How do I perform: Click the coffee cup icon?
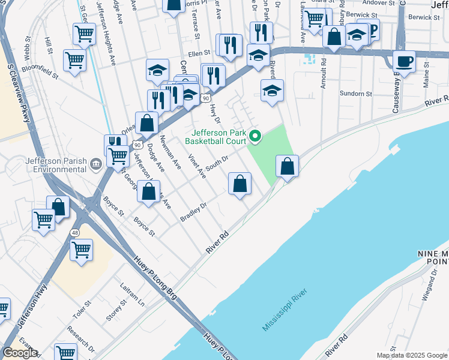(x=404, y=61)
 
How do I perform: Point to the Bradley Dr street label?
(x=193, y=212)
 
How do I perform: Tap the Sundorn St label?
(x=356, y=94)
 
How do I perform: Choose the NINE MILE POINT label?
(x=432, y=257)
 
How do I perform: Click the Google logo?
(x=20, y=352)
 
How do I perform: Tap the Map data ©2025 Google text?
(x=411, y=355)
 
